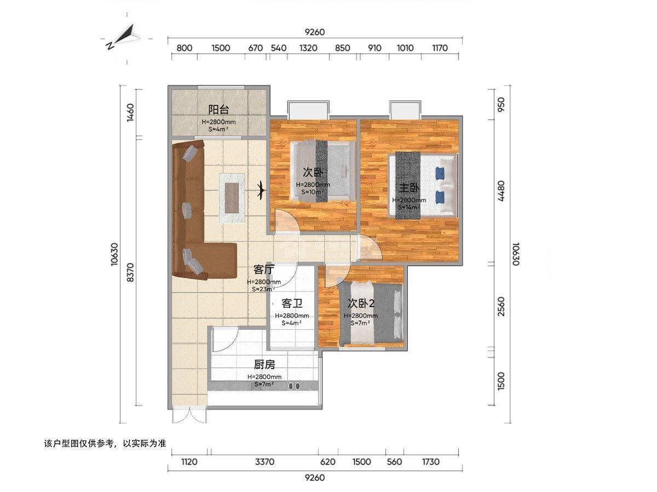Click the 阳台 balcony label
pyautogui.click(x=218, y=110)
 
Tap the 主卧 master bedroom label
pyautogui.click(x=409, y=188)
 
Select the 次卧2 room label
pyautogui.click(x=361, y=303)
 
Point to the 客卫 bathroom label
pyautogui.click(x=292, y=303)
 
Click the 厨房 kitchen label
pyautogui.click(x=264, y=365)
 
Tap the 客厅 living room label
pyautogui.click(x=264, y=270)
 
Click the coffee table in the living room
pyautogui.click(x=232, y=198)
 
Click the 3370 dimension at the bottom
pyautogui.click(x=264, y=462)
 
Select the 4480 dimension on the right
pyautogui.click(x=501, y=191)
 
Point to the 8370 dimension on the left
pyautogui.click(x=130, y=272)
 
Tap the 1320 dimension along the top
pyautogui.click(x=308, y=48)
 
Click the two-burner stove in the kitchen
pyautogui.click(x=294, y=386)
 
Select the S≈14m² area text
pyautogui.click(x=408, y=207)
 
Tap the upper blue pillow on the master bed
pyautogui.click(x=440, y=173)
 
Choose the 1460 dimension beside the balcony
pyautogui.click(x=130, y=113)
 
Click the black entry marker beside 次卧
pyautogui.click(x=262, y=190)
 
